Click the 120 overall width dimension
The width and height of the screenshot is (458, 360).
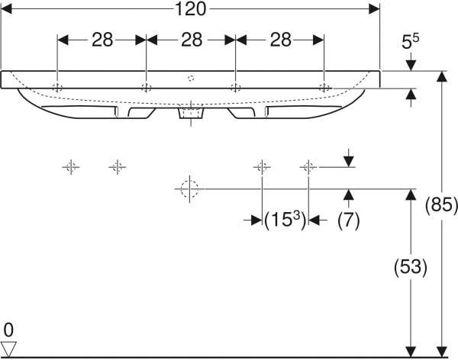[x=190, y=9]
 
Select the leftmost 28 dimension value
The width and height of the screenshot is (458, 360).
[x=102, y=40]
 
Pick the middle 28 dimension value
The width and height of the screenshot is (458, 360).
[x=192, y=40]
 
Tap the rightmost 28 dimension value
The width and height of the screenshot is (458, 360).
[x=280, y=40]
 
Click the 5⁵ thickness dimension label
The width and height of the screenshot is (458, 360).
[x=411, y=41]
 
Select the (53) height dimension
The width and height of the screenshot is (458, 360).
[x=411, y=267]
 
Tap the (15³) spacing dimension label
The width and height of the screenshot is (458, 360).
[x=285, y=220]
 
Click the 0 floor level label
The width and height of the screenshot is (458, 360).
[x=8, y=330]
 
